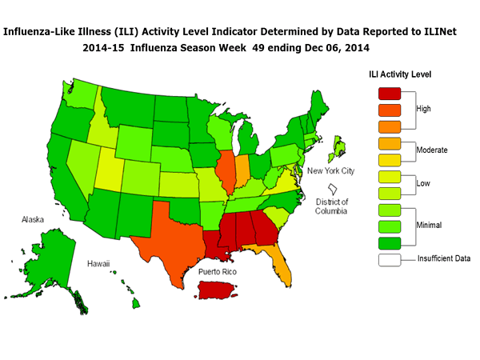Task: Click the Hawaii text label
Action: point(98,263)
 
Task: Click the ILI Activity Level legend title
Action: point(400,74)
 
